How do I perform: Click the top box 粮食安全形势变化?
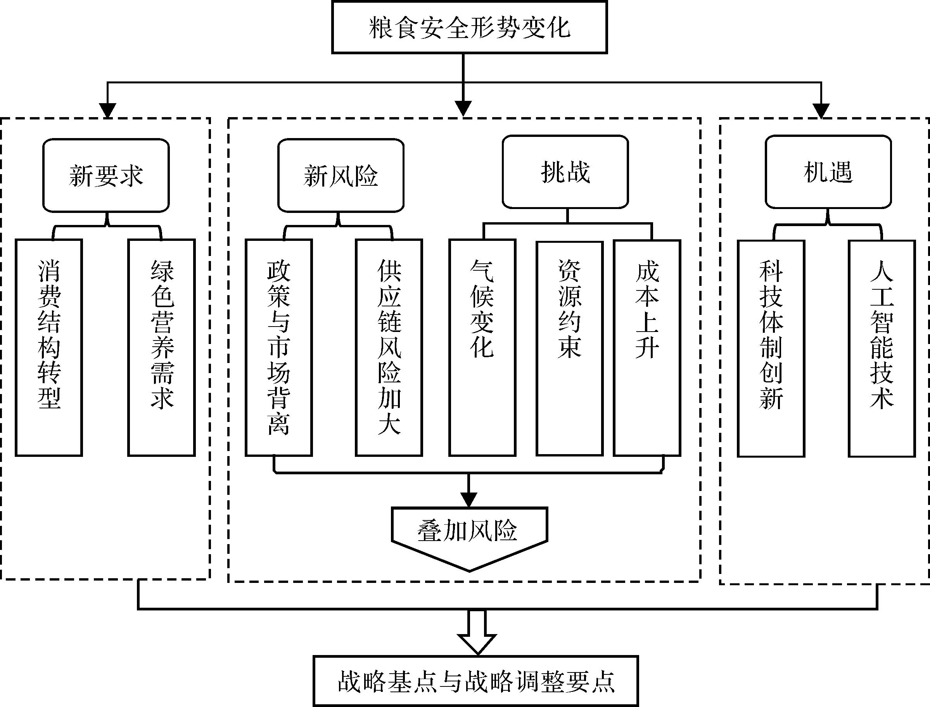(x=469, y=28)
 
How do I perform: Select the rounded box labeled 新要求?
(x=106, y=175)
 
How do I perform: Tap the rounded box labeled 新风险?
(x=341, y=175)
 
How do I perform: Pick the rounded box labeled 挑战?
(x=565, y=172)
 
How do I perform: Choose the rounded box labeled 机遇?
(x=828, y=172)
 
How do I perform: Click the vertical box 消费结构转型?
(x=49, y=347)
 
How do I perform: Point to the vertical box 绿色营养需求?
(x=162, y=347)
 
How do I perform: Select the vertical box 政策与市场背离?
(x=278, y=347)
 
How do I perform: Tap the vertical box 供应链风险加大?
(x=389, y=347)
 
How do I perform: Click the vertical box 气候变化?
(x=482, y=347)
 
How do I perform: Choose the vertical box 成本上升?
(x=647, y=347)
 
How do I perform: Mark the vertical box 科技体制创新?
(x=771, y=348)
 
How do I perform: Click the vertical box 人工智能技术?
(x=882, y=348)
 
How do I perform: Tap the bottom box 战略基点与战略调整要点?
(x=476, y=681)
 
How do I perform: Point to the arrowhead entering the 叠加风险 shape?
(x=469, y=500)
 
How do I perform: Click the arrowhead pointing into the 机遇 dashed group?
(x=821, y=111)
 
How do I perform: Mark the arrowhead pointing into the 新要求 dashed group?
(x=108, y=111)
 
